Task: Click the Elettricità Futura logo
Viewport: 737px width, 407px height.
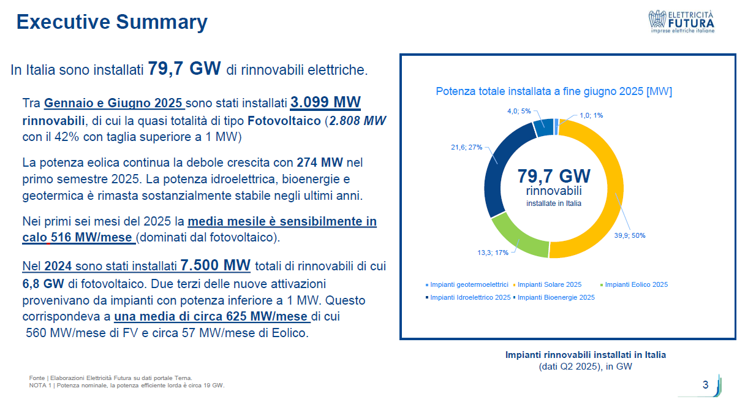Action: [681, 21]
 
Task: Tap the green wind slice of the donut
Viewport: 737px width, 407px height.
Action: [518, 238]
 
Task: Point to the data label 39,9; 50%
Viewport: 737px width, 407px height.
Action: [630, 235]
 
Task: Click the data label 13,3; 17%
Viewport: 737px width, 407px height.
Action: [493, 253]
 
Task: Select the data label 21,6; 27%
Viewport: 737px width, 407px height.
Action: [467, 147]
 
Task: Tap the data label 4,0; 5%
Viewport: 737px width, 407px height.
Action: [519, 111]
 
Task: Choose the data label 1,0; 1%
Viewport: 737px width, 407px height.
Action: [591, 115]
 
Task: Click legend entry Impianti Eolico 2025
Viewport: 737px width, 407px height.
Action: [634, 284]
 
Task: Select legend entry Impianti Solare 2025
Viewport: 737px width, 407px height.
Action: [547, 284]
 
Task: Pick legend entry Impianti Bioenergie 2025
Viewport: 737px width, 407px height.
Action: [554, 297]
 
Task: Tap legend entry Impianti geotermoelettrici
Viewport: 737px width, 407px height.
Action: [467, 284]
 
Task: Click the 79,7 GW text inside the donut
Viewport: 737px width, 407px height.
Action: [554, 176]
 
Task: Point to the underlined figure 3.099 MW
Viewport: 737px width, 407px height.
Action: [325, 102]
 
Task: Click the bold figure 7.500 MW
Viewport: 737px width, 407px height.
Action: [216, 265]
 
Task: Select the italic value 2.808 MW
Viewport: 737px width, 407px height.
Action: [358, 121]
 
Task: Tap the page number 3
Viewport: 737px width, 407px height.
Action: [705, 384]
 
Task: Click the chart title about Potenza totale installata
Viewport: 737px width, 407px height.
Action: [554, 91]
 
